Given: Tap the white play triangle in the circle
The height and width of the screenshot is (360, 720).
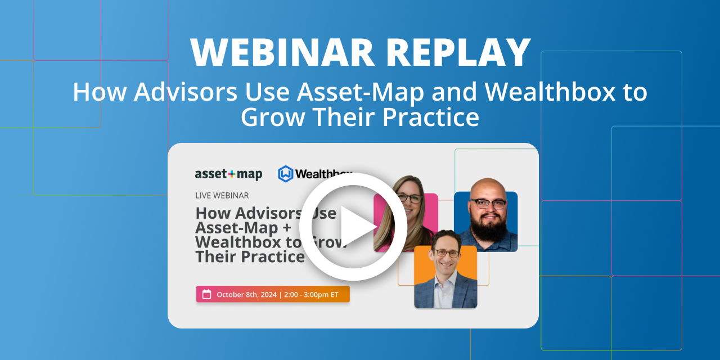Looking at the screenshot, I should (x=357, y=226).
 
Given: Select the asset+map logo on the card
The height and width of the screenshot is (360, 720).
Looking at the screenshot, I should (x=228, y=174).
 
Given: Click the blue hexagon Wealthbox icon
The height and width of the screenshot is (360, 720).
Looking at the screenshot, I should (x=286, y=174).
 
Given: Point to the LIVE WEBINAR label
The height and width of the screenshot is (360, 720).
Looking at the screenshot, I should (x=222, y=195).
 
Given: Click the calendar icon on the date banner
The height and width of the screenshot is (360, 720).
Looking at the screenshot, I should (x=206, y=294).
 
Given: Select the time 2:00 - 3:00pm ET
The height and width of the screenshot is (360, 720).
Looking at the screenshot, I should (x=312, y=294).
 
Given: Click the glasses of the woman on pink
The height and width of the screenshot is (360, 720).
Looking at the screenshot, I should (x=409, y=198).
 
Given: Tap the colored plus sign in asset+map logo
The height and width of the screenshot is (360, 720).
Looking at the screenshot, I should (x=231, y=174).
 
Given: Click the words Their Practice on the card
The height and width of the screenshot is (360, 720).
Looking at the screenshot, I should (x=250, y=256).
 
